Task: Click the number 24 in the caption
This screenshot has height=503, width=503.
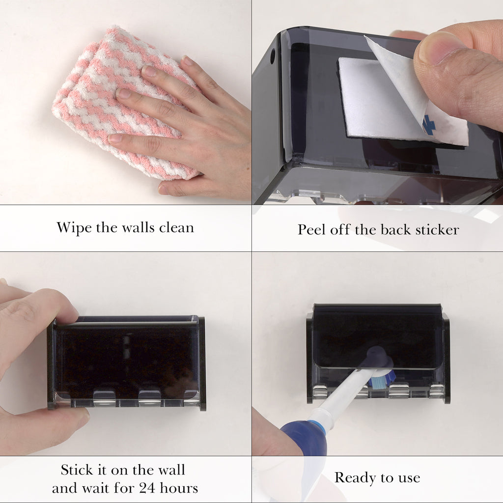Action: click(x=147, y=488)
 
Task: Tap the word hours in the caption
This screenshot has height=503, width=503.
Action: click(x=179, y=488)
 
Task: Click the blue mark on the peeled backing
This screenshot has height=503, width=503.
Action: click(x=428, y=126)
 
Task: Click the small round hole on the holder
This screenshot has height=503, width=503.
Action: click(x=272, y=56)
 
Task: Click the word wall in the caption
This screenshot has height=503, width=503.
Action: click(x=171, y=470)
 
